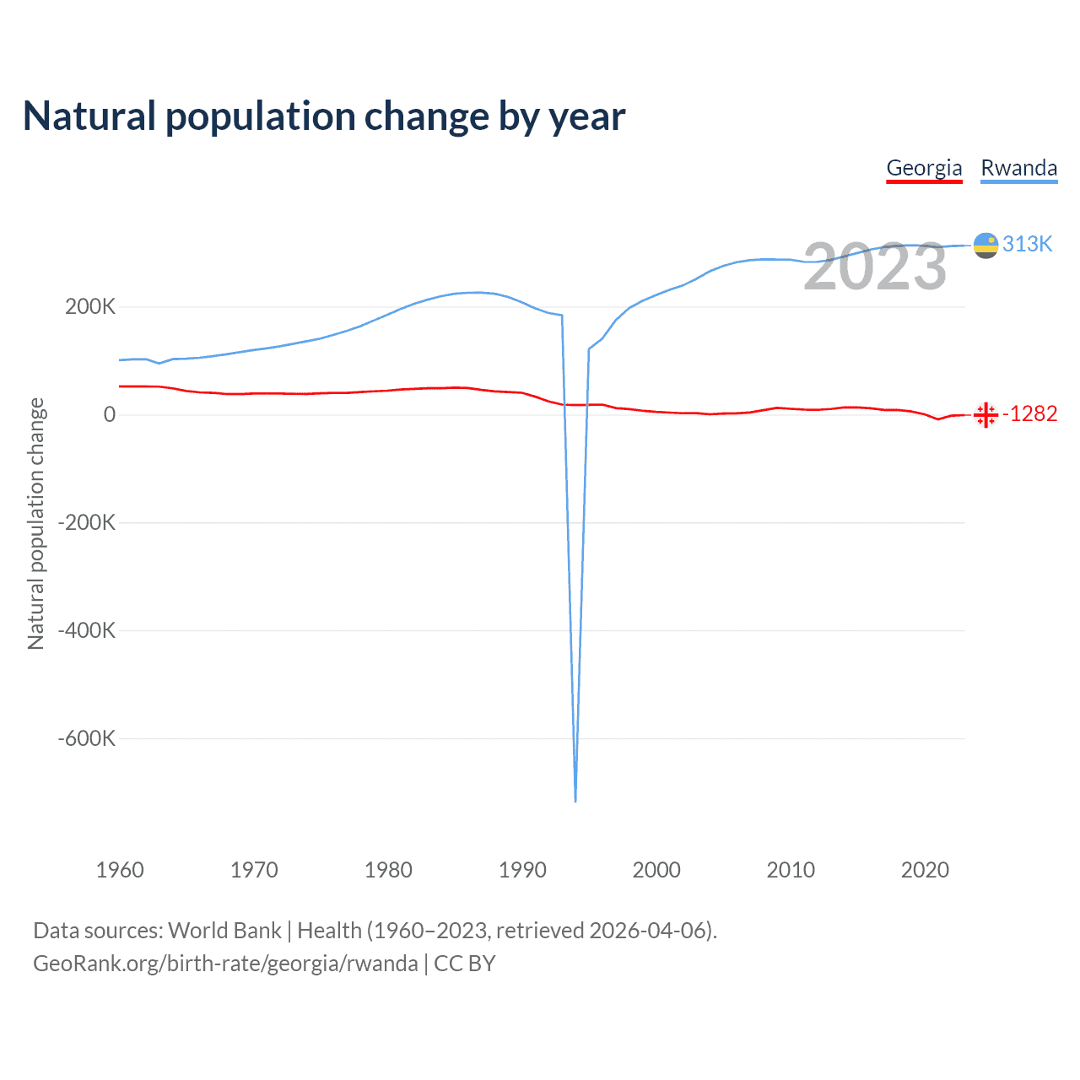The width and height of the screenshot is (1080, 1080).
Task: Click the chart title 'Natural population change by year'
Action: click(324, 116)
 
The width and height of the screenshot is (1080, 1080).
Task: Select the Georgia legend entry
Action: click(924, 168)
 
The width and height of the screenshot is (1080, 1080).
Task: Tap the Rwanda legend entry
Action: click(1018, 168)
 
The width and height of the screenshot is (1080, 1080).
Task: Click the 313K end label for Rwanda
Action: click(1028, 244)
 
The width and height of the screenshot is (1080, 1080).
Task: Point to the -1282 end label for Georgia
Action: click(1029, 413)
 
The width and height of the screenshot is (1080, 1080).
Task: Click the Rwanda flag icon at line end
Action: click(985, 245)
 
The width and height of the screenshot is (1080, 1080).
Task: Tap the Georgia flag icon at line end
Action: click(985, 414)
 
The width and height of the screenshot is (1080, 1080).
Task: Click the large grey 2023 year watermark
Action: click(875, 267)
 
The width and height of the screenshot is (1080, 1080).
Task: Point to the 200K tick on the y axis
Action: click(90, 306)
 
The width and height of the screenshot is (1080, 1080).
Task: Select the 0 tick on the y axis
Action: click(110, 414)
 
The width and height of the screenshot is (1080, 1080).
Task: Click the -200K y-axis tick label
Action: click(86, 522)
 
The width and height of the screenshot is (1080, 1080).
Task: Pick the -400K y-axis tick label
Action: click(86, 630)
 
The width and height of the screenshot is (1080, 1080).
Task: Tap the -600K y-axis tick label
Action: click(86, 738)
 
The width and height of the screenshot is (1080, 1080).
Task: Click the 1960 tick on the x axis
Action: click(120, 870)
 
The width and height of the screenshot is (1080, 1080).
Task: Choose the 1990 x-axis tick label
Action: click(522, 870)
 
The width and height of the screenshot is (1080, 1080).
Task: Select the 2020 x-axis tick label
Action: click(925, 870)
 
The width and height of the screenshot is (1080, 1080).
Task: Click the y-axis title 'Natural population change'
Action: click(35, 523)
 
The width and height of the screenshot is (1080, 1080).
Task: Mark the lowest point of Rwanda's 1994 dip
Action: click(575, 800)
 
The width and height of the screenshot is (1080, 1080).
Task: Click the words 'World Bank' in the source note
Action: click(224, 930)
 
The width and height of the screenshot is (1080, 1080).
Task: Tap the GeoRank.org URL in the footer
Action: click(225, 964)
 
